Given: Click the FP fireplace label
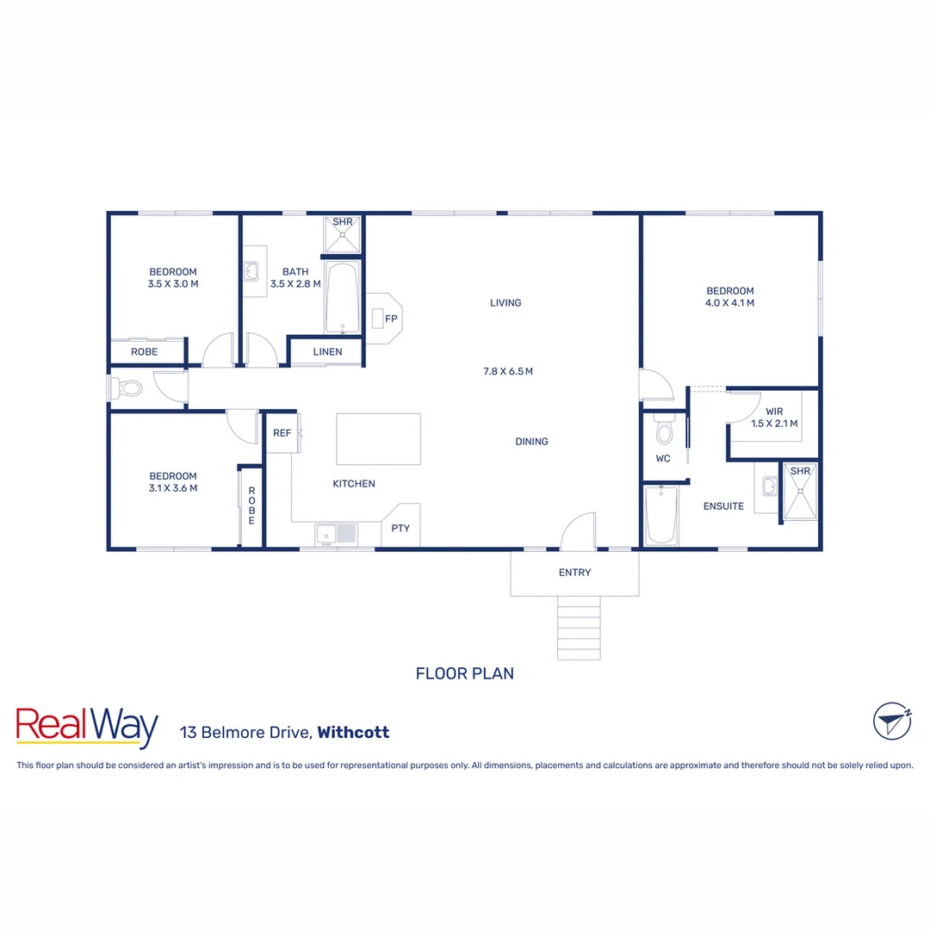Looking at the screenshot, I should click(x=391, y=319).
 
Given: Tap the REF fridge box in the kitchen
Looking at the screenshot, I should click(x=282, y=433).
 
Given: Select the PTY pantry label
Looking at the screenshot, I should click(x=400, y=528).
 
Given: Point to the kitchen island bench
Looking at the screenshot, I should click(x=378, y=438).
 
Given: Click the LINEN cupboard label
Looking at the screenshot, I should click(x=327, y=351).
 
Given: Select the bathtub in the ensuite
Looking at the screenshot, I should click(x=661, y=515).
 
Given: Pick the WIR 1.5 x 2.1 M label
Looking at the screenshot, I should click(x=774, y=418).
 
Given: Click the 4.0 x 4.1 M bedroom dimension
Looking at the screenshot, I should click(x=730, y=303).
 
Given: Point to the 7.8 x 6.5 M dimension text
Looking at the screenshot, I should click(x=508, y=372).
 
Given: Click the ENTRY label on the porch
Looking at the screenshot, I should click(x=574, y=573).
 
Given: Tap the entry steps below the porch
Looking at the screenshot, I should click(x=579, y=632).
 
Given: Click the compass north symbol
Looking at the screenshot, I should click(x=892, y=721).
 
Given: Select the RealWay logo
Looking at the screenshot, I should click(x=87, y=728).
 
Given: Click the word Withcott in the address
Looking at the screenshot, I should click(x=353, y=733).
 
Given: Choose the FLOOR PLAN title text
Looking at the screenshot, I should click(x=465, y=673).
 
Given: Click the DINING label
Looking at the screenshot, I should click(x=531, y=442).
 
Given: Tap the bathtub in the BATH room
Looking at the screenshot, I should click(x=343, y=298).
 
